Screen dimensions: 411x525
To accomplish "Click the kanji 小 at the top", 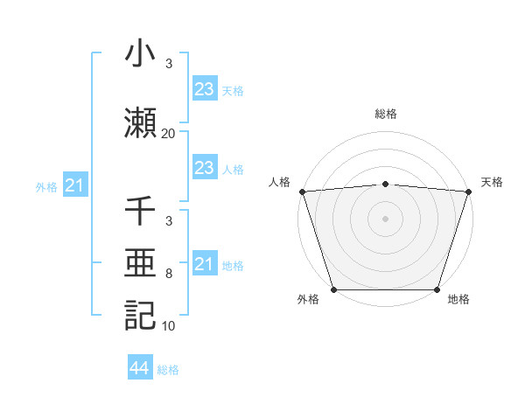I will pos(141,54).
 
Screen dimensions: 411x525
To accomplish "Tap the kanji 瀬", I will pos(141,123).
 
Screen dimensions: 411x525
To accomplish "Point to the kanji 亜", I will pos(141,263).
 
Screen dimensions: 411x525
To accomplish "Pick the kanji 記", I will pos(141,314).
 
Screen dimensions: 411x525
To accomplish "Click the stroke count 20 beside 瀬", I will pos(168,134).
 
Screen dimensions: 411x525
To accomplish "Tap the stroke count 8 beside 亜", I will pos(168,274).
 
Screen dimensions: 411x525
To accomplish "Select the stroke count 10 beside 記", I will pos(168,325).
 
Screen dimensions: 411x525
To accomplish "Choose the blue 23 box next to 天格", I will pos(204,88).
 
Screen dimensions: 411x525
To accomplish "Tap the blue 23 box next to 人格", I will pos(204,168).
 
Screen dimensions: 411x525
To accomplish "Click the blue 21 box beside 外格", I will pos(74,185).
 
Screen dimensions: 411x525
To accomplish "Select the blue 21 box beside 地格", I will pos(204,263).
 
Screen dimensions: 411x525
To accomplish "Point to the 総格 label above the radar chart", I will pos(385,115).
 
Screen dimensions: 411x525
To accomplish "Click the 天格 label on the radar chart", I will pos(492,182).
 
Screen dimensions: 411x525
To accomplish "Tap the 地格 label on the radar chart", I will pos(458,299).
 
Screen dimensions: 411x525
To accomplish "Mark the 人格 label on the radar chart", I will pos(279,182).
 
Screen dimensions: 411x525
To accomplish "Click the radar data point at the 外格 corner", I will pos(333,289).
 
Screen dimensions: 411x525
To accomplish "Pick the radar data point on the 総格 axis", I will pos(385,184).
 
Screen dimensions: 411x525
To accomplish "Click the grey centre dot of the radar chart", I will pos(385,218).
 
